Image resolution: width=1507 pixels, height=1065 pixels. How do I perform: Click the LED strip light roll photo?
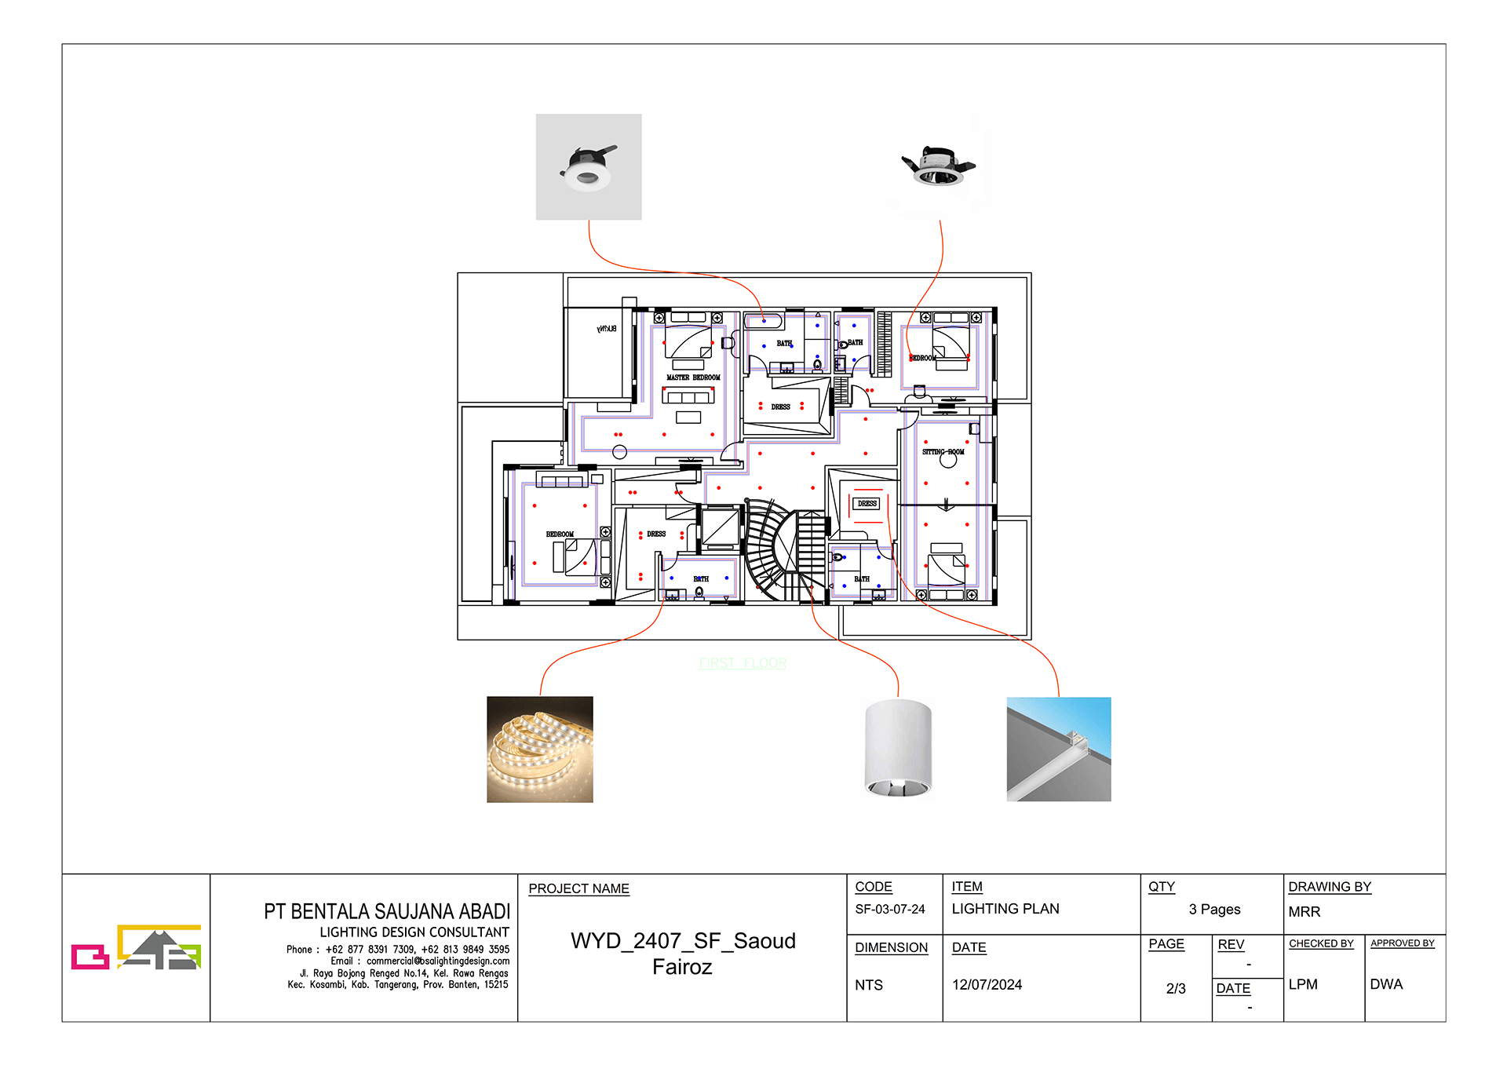tap(539, 749)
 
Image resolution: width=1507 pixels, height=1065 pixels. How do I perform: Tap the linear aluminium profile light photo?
tap(1058, 749)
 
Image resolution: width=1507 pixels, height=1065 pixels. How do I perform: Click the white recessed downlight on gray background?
tap(588, 166)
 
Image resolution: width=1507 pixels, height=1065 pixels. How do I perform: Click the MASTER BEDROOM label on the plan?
tap(693, 377)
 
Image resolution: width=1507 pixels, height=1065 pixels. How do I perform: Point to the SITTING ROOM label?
tap(943, 452)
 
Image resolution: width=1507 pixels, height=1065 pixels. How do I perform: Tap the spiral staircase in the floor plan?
tap(769, 549)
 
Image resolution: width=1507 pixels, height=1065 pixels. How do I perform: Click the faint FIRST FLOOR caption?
tap(742, 663)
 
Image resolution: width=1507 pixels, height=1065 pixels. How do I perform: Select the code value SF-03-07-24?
tap(889, 909)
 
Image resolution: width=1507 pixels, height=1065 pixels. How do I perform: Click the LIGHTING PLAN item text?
tap(1005, 909)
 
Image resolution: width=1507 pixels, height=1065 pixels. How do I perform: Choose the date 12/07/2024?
tap(987, 985)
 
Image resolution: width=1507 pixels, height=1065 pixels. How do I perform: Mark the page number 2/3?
tap(1175, 989)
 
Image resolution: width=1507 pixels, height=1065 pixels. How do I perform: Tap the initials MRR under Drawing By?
tap(1304, 912)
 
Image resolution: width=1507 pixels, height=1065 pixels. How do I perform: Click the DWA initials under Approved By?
tap(1385, 984)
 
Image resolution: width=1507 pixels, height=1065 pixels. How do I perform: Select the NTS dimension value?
tap(868, 985)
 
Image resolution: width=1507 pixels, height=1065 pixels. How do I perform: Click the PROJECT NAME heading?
tap(578, 888)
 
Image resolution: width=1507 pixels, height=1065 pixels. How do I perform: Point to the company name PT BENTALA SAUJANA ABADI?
tap(386, 911)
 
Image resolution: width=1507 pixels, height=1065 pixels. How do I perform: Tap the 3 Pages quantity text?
tap(1213, 909)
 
